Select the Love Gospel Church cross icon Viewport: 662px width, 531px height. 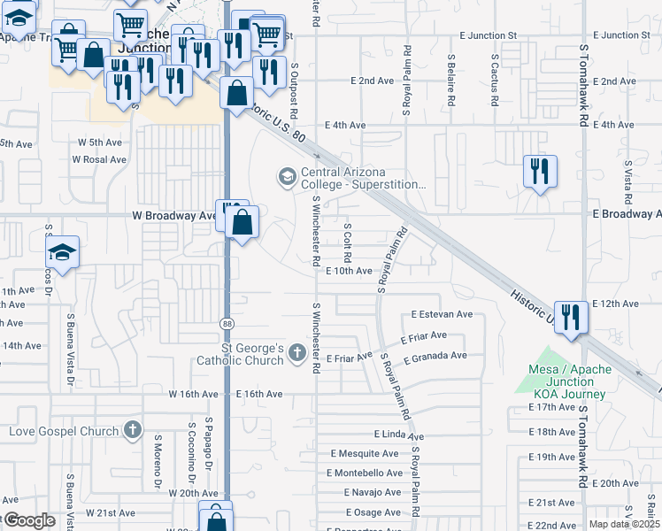point(133,431)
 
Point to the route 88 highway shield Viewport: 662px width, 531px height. point(227,324)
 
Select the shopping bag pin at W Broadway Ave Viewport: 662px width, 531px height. point(242,223)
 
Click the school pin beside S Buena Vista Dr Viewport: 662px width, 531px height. point(63,253)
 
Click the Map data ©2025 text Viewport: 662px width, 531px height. point(625,524)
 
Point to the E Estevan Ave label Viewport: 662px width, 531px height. point(443,314)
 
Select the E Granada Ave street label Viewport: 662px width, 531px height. point(435,357)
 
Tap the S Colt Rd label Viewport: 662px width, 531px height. point(348,245)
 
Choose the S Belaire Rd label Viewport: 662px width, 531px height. point(450,79)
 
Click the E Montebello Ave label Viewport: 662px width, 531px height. point(366,473)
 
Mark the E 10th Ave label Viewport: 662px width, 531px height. point(348,272)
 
